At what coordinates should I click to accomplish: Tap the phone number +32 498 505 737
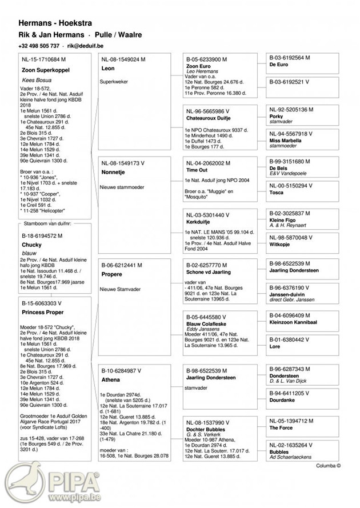[x=39, y=46]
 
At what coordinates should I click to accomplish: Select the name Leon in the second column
[x=107, y=69]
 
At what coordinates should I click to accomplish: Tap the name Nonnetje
[x=113, y=171]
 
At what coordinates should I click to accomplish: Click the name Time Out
[x=197, y=170]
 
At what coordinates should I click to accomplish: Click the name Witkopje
[x=279, y=245]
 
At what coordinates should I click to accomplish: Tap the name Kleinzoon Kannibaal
[x=293, y=323]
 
